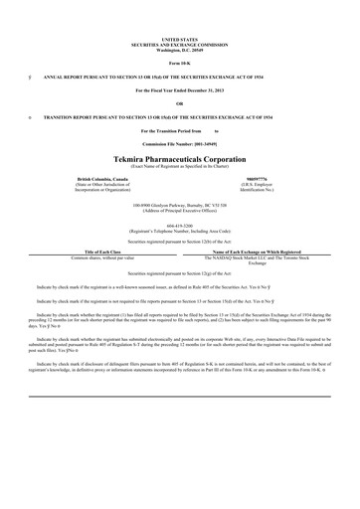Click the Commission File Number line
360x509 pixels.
point(179,143)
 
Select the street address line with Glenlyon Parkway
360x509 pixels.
point(179,204)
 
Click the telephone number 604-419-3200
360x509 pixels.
point(179,225)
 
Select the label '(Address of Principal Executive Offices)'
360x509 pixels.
point(179,210)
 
